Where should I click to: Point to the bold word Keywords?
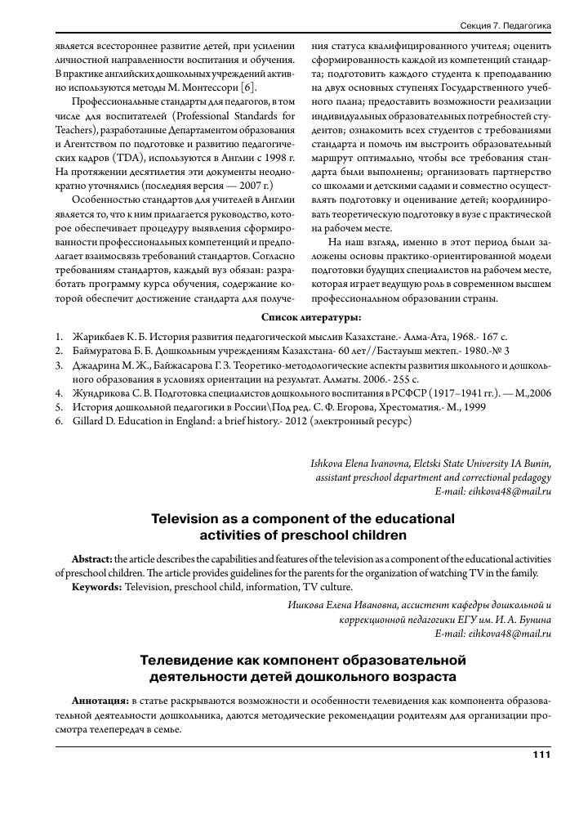point(97,587)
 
